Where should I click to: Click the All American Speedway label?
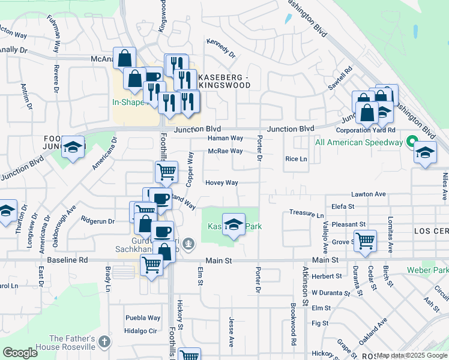(x=359, y=142)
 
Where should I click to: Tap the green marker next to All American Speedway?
(x=411, y=143)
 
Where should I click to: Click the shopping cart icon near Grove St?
(x=365, y=241)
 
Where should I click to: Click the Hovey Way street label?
(x=221, y=182)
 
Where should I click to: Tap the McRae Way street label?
(x=225, y=151)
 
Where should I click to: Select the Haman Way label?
(x=225, y=138)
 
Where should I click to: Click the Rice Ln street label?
(x=296, y=159)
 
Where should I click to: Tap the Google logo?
(x=20, y=353)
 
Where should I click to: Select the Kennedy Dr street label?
(x=221, y=49)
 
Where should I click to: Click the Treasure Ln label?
(x=306, y=214)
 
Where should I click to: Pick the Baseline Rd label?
(x=71, y=260)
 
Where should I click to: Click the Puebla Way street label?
(x=143, y=318)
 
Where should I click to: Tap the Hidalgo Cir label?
(x=140, y=331)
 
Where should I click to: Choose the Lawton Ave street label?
(x=368, y=194)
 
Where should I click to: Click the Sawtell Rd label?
(x=339, y=79)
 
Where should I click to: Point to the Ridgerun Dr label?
(x=98, y=221)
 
